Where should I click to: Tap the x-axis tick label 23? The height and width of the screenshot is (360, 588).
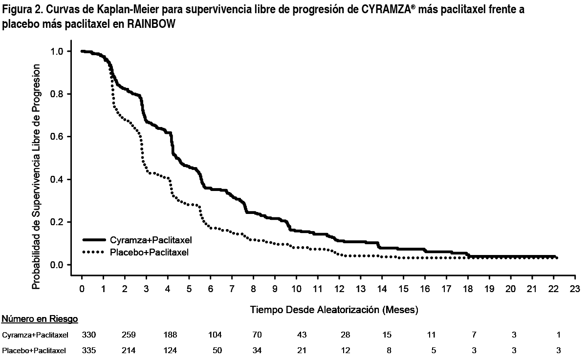575,289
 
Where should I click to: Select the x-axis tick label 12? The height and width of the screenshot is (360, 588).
339,289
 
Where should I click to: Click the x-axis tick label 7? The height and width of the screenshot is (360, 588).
232,289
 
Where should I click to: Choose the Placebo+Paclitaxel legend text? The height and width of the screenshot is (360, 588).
150,252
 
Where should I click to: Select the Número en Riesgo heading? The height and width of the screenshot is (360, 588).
40,319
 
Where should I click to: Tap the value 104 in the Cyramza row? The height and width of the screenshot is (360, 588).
215,335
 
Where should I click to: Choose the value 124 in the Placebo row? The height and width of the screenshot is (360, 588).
171,350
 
